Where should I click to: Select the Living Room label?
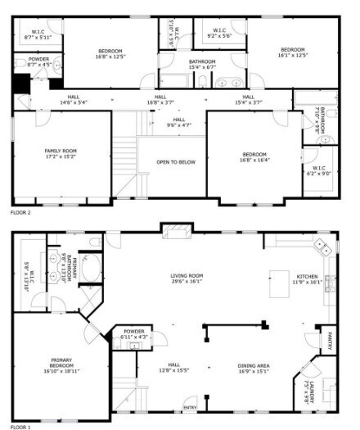point(187,275)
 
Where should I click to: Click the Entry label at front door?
point(189,407)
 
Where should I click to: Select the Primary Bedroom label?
point(61,360)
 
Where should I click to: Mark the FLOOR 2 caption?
point(20,211)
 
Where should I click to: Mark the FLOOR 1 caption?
point(20,427)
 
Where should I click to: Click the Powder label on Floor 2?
point(38,59)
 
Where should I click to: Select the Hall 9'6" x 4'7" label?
point(178,123)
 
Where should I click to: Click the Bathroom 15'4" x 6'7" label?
point(202,65)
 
